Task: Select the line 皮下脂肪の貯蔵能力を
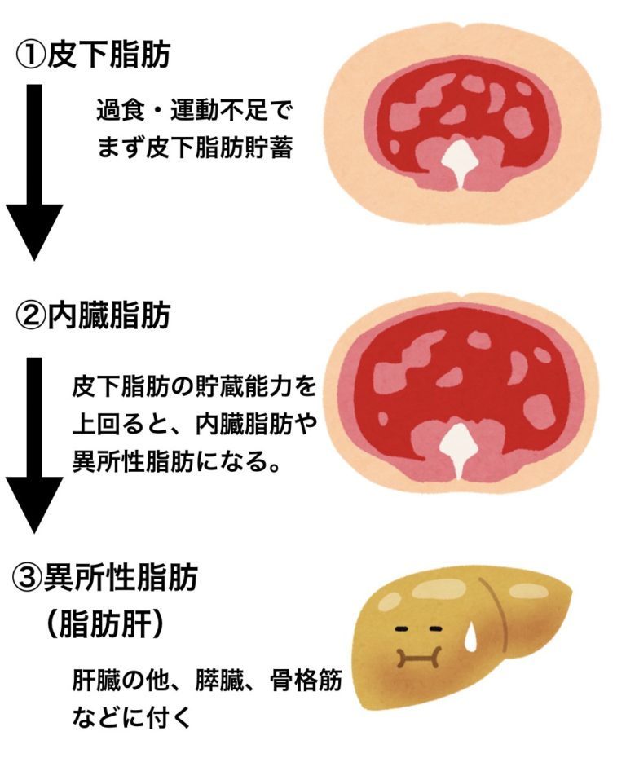[x=193, y=384]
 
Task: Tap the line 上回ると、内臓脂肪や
[x=193, y=424]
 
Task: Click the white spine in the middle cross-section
[x=462, y=448]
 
